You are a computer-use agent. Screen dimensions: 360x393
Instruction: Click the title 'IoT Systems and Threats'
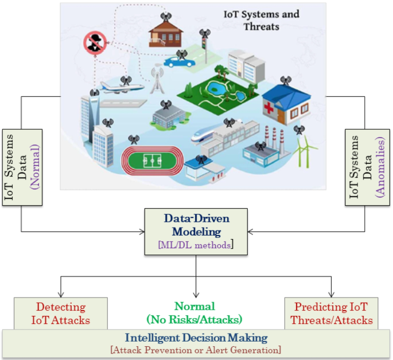[261, 20]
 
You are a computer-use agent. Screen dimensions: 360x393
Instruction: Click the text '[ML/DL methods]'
[196, 245]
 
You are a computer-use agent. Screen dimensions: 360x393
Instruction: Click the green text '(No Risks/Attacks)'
[196, 319]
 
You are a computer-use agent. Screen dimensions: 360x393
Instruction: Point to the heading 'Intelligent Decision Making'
[196, 338]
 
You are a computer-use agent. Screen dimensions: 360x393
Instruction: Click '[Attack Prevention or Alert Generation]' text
[196, 349]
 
